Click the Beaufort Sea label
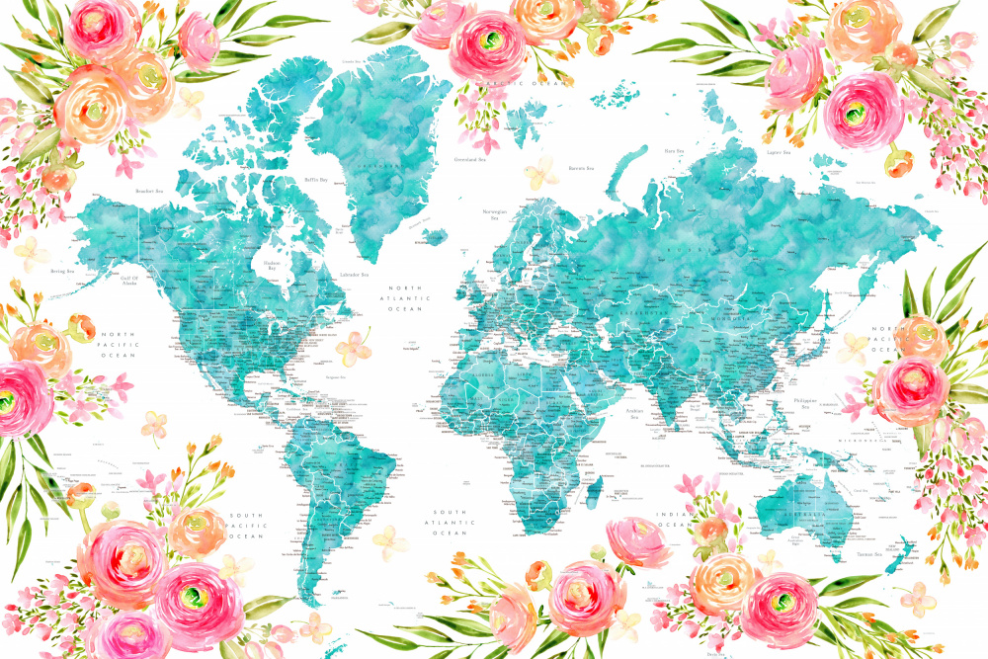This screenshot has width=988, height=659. point(148,190)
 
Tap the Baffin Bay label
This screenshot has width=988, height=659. point(315,180)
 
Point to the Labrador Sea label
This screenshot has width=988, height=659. point(353,274)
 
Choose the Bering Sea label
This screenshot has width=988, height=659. point(63,269)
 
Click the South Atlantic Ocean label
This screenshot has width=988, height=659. point(448,524)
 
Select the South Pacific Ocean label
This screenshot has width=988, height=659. point(246,525)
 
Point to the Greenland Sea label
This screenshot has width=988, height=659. point(470,159)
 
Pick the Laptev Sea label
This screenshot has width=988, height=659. point(777,152)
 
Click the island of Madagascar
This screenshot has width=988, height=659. point(596,489)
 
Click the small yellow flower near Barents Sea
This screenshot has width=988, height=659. point(540,173)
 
